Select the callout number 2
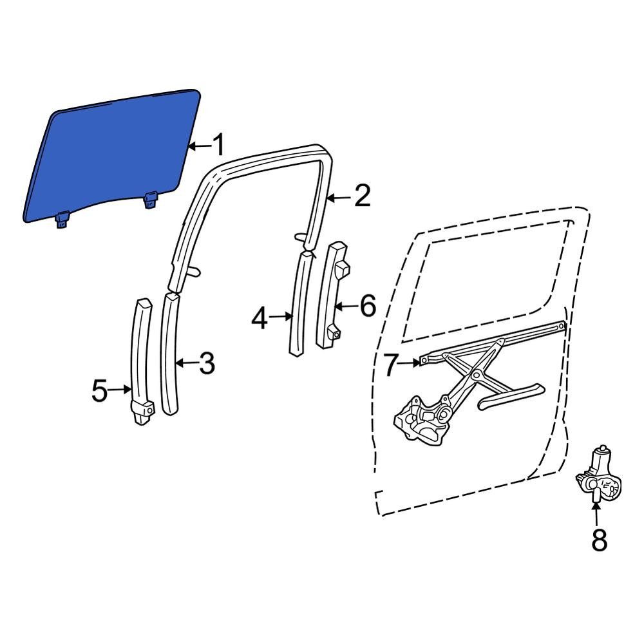(x=362, y=196)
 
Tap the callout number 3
(x=207, y=363)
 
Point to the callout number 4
(x=260, y=319)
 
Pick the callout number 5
(x=100, y=390)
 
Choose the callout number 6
(x=368, y=305)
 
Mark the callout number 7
(x=391, y=365)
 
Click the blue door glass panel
(x=111, y=156)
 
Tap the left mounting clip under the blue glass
(x=62, y=219)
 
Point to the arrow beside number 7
(x=410, y=362)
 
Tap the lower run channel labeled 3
(x=171, y=353)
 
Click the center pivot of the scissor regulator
(x=477, y=374)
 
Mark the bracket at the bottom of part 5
(x=142, y=412)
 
